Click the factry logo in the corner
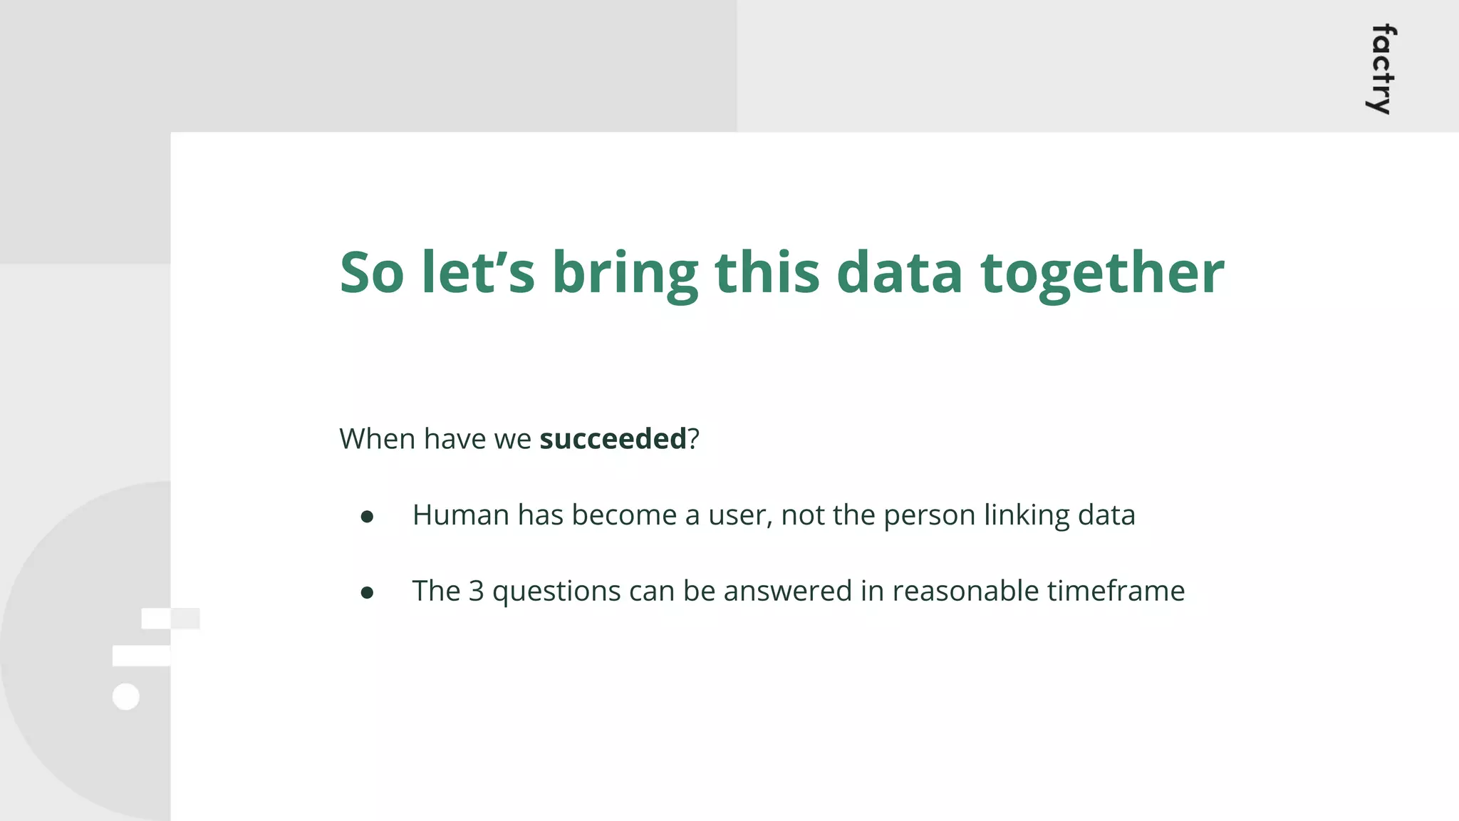pos(1382,69)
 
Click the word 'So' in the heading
pos(371,273)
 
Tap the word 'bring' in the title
pos(625,274)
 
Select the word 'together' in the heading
pos(1102,274)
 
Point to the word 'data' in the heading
pos(899,273)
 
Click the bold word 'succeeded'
pos(613,439)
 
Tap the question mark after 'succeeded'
pos(693,439)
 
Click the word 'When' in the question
pos(377,439)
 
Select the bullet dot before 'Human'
pos(367,517)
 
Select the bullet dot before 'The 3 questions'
pos(367,592)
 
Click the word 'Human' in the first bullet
pos(460,515)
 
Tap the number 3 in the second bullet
pos(476,592)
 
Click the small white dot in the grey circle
pos(126,696)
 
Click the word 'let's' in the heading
pos(477,273)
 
